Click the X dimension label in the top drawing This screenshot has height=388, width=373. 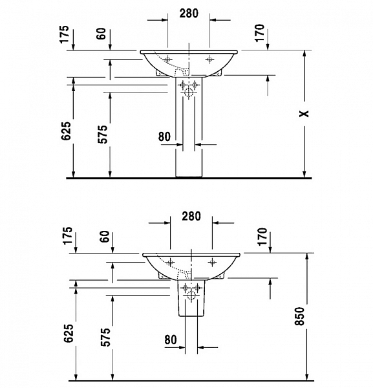coord(304,114)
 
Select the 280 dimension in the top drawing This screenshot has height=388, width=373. coord(188,12)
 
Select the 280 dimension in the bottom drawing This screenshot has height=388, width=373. coord(191,215)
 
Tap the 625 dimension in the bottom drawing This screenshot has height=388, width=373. coord(69,332)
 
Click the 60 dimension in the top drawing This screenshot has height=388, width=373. coord(102,34)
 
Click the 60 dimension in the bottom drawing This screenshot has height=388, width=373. coord(105,237)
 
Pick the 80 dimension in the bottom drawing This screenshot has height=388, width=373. coord(170,339)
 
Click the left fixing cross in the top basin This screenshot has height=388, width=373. coord(168,59)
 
